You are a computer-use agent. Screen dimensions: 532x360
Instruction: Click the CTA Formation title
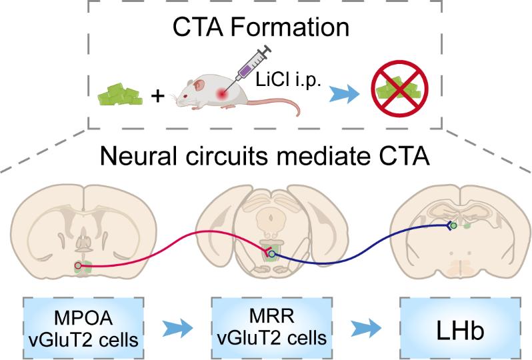click(x=261, y=27)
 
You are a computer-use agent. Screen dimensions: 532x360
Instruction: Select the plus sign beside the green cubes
click(x=158, y=97)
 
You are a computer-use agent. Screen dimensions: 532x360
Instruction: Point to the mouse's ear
click(x=199, y=85)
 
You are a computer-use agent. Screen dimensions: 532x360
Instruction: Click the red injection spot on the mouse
click(x=222, y=93)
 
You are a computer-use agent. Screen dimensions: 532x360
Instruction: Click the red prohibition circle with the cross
click(x=400, y=89)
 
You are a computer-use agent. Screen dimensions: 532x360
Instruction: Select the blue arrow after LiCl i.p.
click(x=345, y=94)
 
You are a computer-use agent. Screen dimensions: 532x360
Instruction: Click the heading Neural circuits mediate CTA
click(x=265, y=156)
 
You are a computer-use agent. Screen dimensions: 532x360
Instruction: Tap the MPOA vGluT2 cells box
click(x=83, y=328)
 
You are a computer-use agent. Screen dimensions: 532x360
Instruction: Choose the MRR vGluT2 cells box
click(x=272, y=328)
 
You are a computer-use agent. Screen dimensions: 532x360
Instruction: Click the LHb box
click(x=460, y=328)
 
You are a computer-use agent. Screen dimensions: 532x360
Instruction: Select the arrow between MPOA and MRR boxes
click(x=177, y=328)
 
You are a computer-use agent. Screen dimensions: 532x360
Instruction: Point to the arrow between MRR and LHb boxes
click(x=366, y=328)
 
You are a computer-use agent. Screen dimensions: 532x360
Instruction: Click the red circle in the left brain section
click(x=78, y=265)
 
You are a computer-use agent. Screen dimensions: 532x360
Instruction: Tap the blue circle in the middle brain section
click(x=271, y=254)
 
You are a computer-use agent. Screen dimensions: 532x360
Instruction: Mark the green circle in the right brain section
click(x=454, y=225)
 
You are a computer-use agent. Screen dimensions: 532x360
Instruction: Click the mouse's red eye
click(x=185, y=97)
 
